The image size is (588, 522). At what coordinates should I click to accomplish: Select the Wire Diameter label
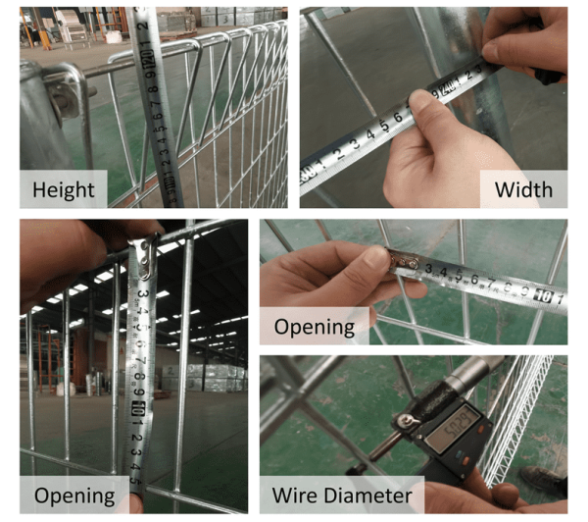(343, 495)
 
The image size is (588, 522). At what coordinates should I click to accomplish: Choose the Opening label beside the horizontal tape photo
(314, 326)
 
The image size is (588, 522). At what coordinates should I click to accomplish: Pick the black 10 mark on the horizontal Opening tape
(553, 294)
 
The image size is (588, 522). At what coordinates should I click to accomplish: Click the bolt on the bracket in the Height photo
(66, 93)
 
